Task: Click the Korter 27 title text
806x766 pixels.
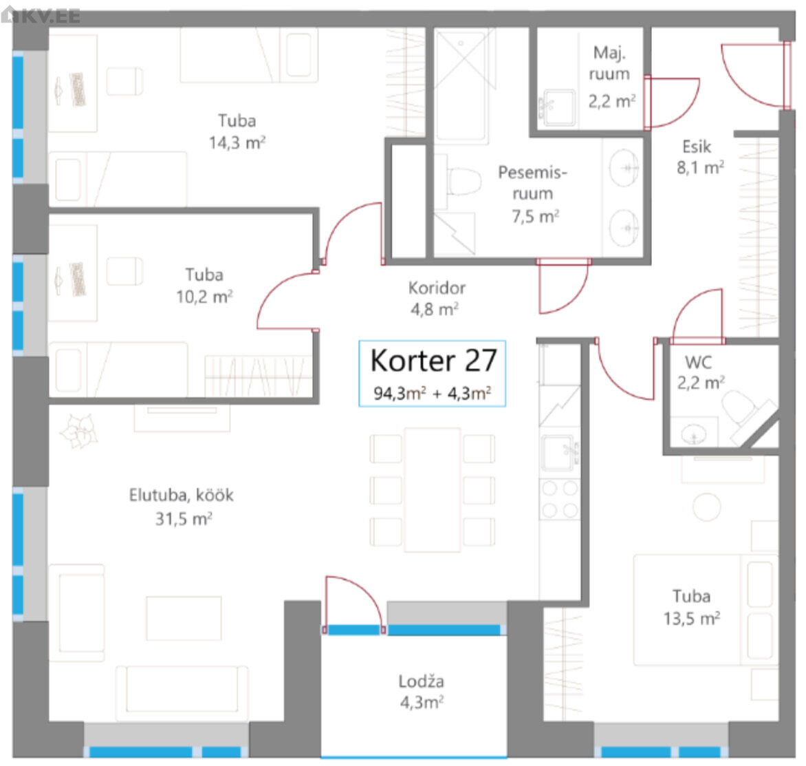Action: tap(433, 360)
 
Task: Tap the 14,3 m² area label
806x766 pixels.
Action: tap(237, 142)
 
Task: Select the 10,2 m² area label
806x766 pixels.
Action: tap(204, 297)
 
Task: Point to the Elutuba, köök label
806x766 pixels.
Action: tap(182, 495)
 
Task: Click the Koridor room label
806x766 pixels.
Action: tap(437, 288)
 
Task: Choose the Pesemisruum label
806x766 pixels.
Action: tap(532, 182)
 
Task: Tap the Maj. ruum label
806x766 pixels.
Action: tap(609, 63)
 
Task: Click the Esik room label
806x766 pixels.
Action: tap(697, 147)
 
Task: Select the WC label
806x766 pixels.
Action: tap(698, 362)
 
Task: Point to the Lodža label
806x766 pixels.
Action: tap(421, 681)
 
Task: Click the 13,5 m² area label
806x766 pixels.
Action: tap(691, 618)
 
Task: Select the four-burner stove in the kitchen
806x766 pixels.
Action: tap(559, 499)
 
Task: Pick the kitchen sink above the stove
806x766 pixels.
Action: tap(558, 453)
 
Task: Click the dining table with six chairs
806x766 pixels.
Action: tap(433, 490)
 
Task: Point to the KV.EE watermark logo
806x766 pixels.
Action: tap(41, 15)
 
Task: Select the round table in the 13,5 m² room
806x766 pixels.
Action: tap(707, 507)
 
